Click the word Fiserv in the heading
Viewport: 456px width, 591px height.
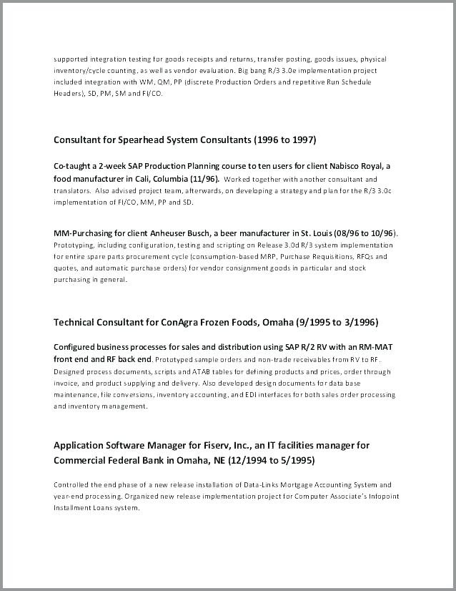(204, 446)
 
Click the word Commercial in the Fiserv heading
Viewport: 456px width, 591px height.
(79, 459)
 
